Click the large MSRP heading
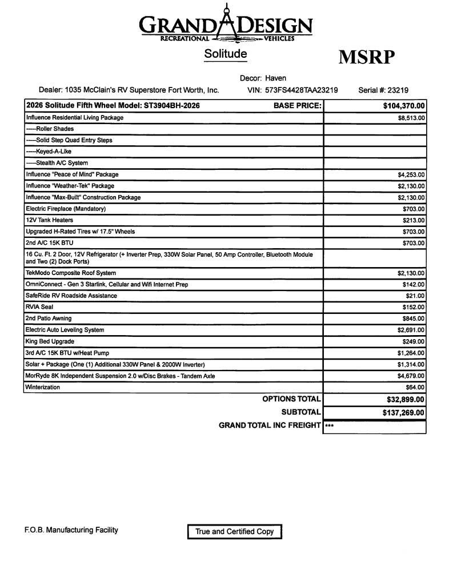coord(366,57)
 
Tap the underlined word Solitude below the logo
coord(226,54)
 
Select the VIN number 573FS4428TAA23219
coord(301,90)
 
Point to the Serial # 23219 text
coord(383,90)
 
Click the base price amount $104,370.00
coord(404,106)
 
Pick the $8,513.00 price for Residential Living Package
coord(411,118)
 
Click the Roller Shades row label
coord(50,129)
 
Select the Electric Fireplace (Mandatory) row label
coord(66,209)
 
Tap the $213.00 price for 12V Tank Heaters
coord(414,220)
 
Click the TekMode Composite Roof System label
coord(71,273)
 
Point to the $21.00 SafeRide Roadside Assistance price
coord(415,296)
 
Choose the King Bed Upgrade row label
coord(50,341)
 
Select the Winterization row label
coord(43,387)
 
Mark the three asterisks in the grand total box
coord(329,426)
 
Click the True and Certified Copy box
coord(234,531)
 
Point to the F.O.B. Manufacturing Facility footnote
coord(71,530)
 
